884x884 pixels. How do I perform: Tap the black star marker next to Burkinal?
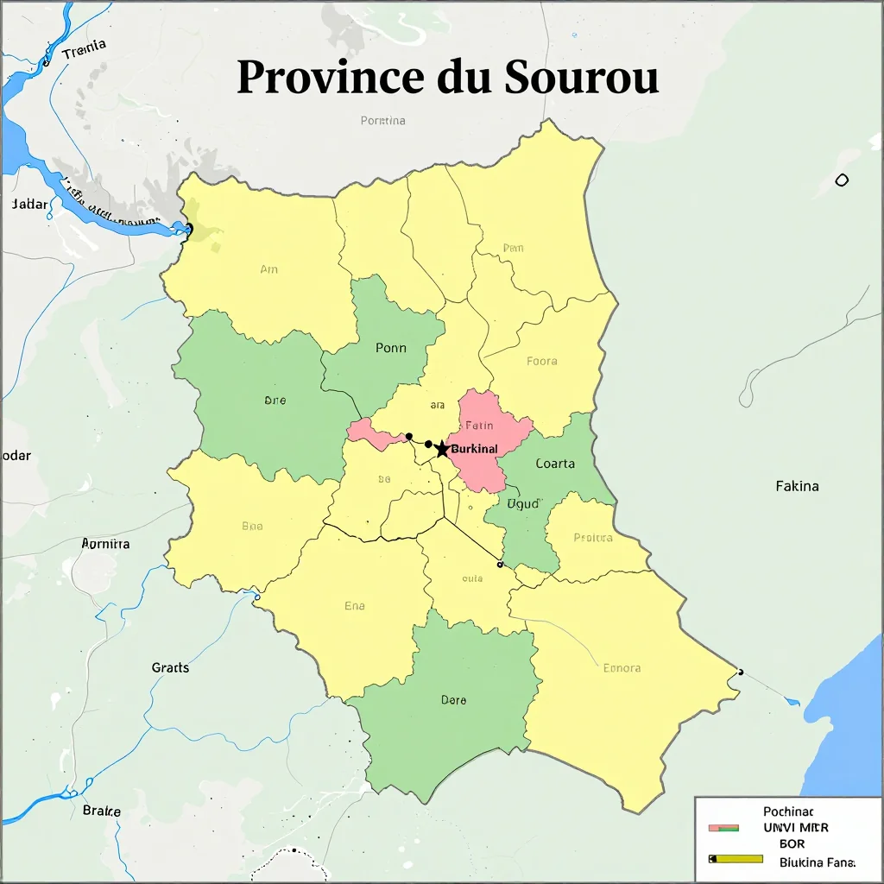coord(442,449)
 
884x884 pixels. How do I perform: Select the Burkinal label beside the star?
coord(475,449)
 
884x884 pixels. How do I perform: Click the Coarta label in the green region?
coord(555,464)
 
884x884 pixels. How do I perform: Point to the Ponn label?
coord(390,348)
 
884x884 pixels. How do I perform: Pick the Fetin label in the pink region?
coord(479,425)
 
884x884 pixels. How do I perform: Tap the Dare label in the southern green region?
coord(453,700)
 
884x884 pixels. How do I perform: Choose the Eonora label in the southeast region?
coord(622,667)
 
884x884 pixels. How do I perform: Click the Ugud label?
coord(521,503)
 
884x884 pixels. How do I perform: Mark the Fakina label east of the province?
coord(797,486)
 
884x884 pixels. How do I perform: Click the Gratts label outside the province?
coord(170,667)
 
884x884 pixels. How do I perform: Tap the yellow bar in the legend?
coord(736,859)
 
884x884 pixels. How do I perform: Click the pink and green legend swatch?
coord(723,828)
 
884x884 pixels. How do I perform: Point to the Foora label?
coord(541,361)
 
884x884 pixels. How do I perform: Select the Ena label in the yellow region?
coord(354,606)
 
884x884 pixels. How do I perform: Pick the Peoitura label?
coord(592,538)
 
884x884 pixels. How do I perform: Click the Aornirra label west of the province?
coord(105,544)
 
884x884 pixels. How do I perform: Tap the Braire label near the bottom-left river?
coord(101,811)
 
